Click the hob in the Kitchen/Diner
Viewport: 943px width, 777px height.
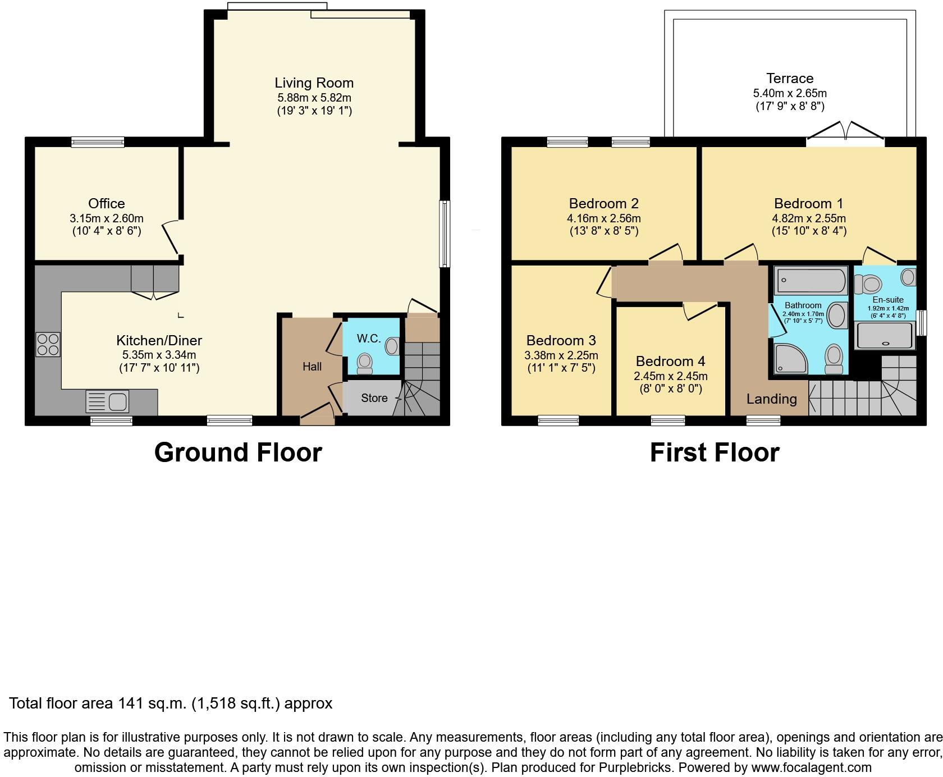[48, 344]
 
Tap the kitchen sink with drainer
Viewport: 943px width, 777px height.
[107, 402]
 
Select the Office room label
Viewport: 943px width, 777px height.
[106, 203]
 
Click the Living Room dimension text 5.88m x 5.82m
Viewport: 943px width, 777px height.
[314, 98]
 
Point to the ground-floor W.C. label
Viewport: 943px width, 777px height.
[369, 339]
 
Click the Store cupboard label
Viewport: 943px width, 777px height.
[374, 398]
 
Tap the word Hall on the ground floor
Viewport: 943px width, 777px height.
[312, 367]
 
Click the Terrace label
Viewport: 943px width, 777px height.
[789, 79]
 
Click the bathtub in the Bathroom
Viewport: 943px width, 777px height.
[811, 281]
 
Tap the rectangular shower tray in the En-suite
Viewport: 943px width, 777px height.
[884, 336]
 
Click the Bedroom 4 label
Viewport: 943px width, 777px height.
[670, 362]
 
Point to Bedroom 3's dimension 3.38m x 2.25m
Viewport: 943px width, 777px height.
[561, 355]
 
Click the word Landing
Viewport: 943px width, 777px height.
[771, 399]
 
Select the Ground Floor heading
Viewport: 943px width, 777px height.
[238, 453]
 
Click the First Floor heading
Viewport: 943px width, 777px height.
[715, 453]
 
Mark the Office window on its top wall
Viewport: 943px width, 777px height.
[98, 143]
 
